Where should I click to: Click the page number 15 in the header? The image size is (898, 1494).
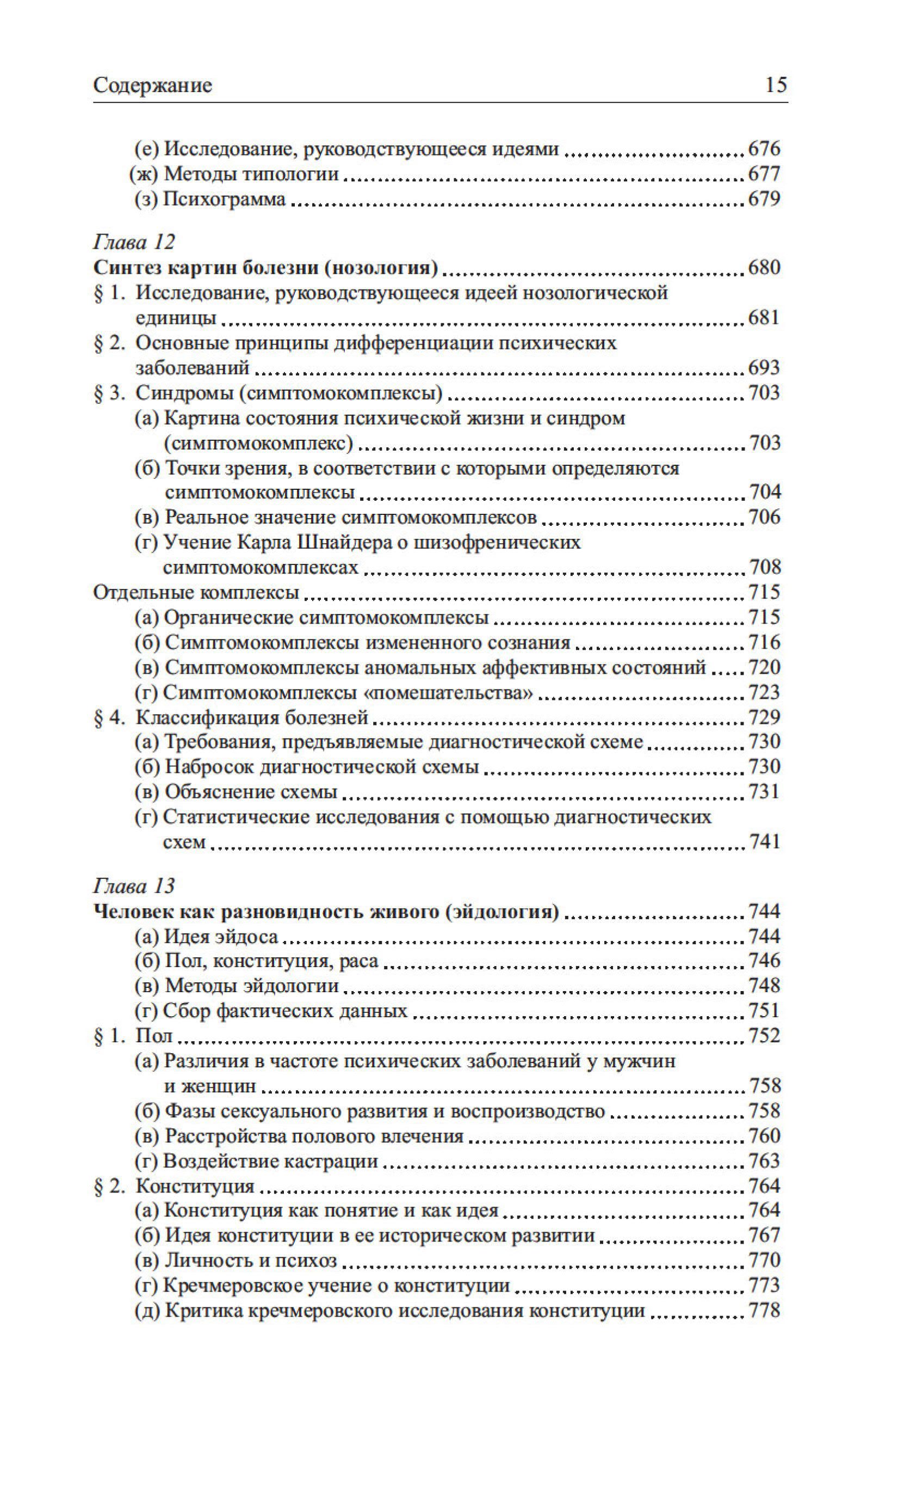coord(776,85)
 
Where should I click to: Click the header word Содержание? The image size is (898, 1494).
coord(152,85)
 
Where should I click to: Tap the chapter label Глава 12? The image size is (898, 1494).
coord(134,242)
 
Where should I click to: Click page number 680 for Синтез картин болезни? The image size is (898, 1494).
coord(764,267)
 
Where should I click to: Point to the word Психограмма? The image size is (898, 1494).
coord(225,199)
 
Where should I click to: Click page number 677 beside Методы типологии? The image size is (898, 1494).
coord(764,174)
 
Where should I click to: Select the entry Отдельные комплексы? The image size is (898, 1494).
coord(196,592)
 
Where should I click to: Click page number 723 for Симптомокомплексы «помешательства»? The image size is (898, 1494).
coord(764,692)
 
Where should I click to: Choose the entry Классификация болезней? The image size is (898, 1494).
coord(252,717)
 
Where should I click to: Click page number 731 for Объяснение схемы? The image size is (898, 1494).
coord(764,792)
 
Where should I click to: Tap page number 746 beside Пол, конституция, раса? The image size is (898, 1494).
coord(764,961)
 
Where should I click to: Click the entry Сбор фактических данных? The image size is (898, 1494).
coord(285,1011)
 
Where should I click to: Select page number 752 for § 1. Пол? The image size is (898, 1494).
coord(764,1036)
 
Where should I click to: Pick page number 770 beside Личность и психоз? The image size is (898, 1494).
coord(764,1261)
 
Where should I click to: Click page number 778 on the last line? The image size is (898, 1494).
coord(764,1311)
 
